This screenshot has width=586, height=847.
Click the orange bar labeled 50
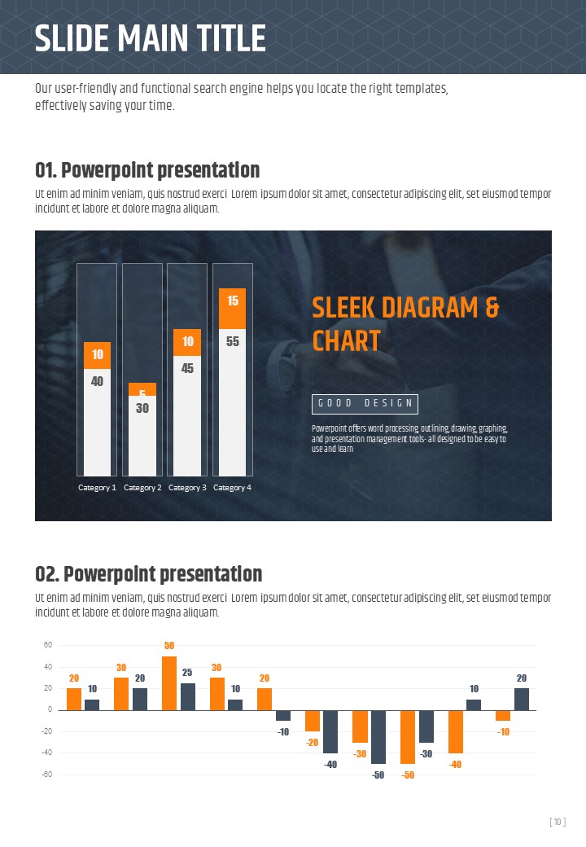[169, 683]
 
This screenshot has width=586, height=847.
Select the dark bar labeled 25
[187, 696]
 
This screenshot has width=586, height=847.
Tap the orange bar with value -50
[408, 736]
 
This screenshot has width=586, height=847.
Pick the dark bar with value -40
[330, 731]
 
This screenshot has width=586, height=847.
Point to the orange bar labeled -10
[503, 715]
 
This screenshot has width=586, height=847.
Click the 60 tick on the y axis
[48, 645]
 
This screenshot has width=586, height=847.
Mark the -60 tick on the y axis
[48, 774]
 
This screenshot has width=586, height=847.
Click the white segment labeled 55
[233, 402]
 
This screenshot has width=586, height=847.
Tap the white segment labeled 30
[142, 437]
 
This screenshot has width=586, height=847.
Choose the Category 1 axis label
[97, 488]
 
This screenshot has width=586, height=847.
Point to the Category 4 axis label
[233, 488]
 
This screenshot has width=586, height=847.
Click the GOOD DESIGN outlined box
[365, 404]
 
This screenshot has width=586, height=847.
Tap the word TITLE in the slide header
[222, 39]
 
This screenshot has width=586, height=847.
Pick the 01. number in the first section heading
[45, 170]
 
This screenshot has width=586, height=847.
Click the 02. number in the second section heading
[46, 574]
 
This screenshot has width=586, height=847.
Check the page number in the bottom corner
[558, 823]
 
